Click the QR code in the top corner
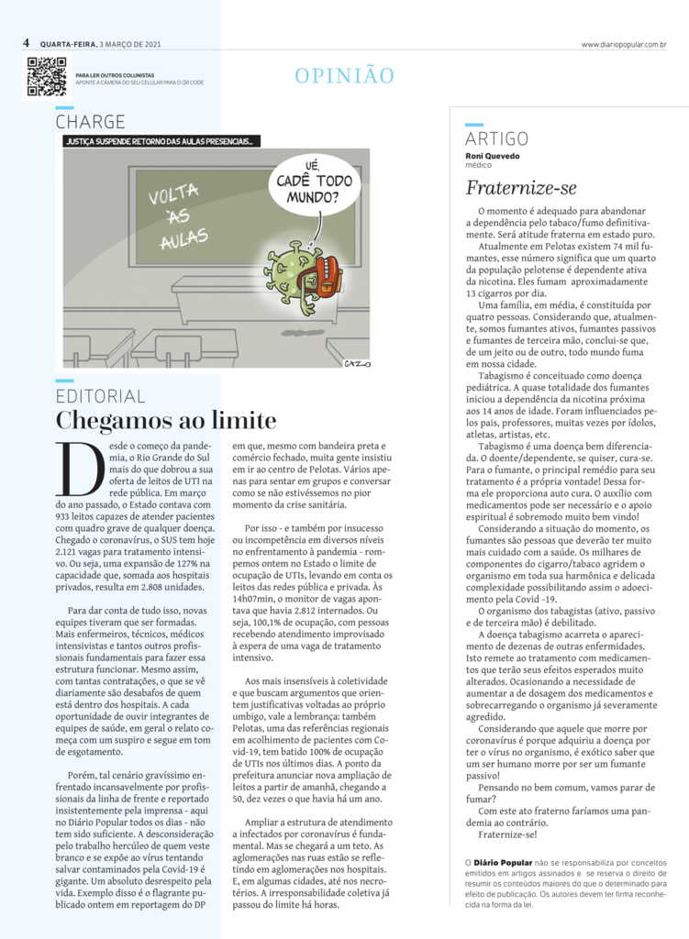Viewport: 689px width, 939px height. [x=46, y=76]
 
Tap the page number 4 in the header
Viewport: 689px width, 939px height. [x=28, y=43]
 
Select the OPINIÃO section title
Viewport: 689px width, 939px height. [x=344, y=76]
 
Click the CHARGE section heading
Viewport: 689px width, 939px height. [x=90, y=121]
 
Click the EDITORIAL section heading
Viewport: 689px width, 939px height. [x=100, y=396]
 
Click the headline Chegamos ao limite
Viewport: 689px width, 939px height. [x=166, y=421]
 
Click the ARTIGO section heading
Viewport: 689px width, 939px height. [x=496, y=138]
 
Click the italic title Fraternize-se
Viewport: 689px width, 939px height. [x=521, y=188]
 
